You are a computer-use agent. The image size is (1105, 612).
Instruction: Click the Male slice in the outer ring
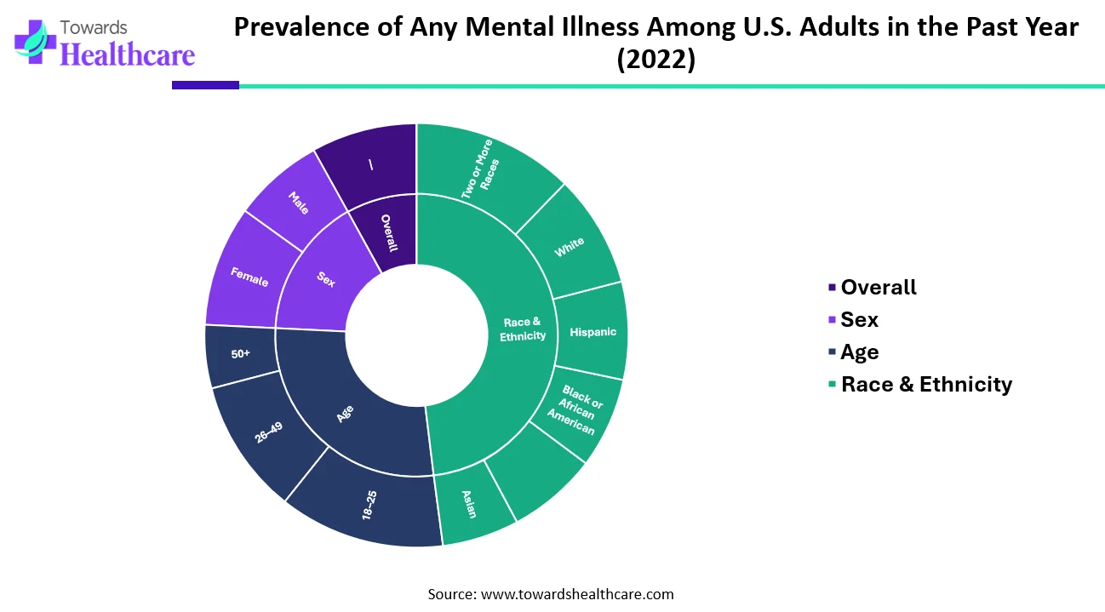pos(298,203)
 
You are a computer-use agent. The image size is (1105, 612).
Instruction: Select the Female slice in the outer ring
pos(249,277)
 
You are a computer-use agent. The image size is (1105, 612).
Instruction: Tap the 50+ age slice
pos(240,353)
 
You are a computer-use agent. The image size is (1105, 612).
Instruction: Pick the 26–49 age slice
pos(268,434)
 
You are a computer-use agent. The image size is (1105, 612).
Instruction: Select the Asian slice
pos(470,504)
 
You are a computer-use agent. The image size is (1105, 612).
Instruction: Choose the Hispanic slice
pos(593,331)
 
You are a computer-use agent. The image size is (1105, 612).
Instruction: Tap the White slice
pos(570,248)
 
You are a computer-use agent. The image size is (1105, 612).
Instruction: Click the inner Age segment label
pos(345,415)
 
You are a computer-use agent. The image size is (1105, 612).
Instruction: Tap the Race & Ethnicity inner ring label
pos(524,329)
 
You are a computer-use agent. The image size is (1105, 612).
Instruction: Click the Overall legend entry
pos(878,288)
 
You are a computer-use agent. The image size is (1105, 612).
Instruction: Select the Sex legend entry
pos(859,320)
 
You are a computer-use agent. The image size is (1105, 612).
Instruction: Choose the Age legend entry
pos(859,352)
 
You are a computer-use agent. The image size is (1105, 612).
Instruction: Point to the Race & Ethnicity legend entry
pos(926,385)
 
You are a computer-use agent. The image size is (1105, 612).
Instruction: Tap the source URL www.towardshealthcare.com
pos(577,594)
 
